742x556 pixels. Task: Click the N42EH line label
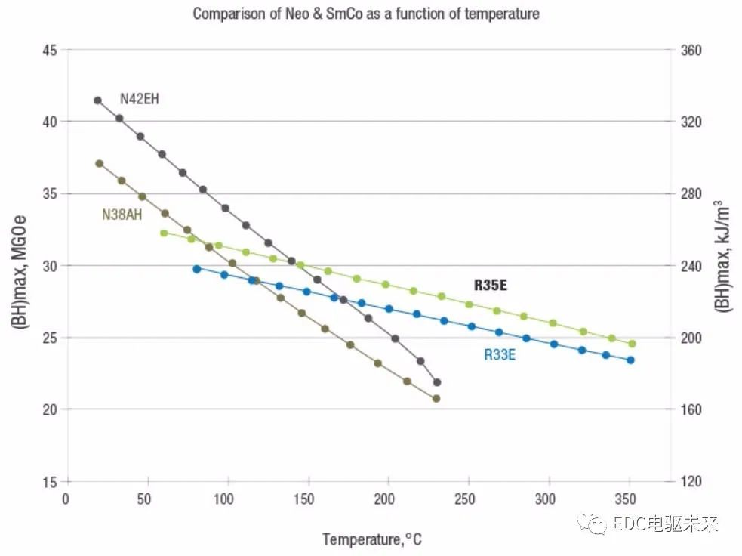[x=140, y=98]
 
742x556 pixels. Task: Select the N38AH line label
[x=122, y=215]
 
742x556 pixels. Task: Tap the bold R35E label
[x=491, y=285]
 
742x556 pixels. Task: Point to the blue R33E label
[x=500, y=354]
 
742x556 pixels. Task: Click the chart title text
[x=366, y=14]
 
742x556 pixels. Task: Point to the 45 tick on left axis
[x=50, y=50]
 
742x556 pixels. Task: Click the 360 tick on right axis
[x=691, y=50]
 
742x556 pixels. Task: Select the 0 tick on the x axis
[x=66, y=499]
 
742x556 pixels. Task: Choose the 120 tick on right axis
[x=691, y=482]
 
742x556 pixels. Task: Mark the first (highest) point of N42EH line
[x=97, y=100]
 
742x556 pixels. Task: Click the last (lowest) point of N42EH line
[x=437, y=382]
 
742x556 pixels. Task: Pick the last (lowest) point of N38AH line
[x=436, y=398]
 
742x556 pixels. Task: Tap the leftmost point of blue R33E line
[x=197, y=269]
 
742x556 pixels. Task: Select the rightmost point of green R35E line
[x=632, y=344]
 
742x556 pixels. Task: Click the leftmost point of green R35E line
[x=164, y=233]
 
